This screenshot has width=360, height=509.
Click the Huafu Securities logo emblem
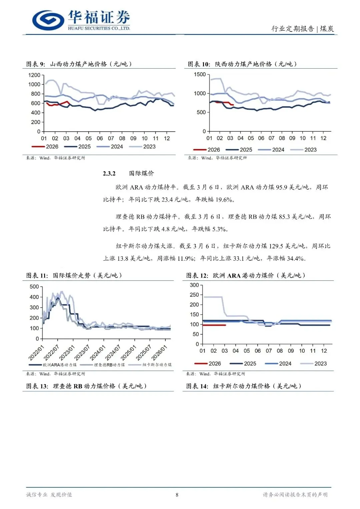click(48, 20)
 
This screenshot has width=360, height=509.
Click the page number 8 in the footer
click(177, 495)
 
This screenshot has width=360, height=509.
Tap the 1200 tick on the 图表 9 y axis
click(34, 75)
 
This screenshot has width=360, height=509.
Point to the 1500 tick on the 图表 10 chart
click(200, 74)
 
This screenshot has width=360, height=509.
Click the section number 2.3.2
click(109, 173)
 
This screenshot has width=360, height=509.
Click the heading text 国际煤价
click(142, 173)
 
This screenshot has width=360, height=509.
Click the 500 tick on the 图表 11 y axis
click(34, 287)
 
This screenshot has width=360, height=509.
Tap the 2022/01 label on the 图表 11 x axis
click(36, 353)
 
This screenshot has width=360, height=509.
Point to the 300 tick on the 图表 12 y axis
click(194, 285)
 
